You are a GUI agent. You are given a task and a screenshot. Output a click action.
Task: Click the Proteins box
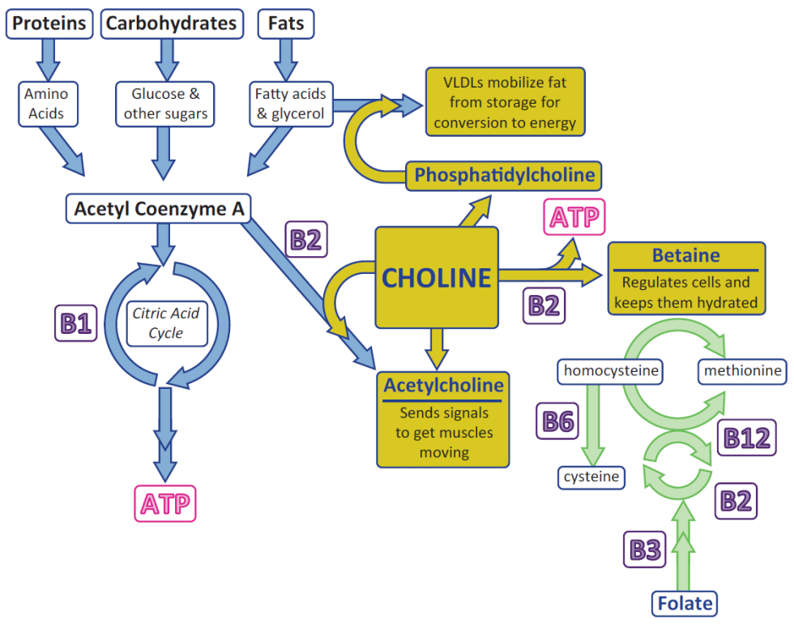[49, 24]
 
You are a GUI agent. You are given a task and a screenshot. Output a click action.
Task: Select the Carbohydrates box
[172, 24]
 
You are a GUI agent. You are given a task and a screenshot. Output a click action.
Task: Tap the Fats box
[285, 24]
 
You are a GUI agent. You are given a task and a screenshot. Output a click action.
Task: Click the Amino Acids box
[46, 104]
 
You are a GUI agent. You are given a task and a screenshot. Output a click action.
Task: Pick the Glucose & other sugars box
[165, 104]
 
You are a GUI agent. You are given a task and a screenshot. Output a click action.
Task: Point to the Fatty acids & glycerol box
[290, 104]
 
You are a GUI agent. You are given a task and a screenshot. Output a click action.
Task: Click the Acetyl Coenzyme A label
[159, 208]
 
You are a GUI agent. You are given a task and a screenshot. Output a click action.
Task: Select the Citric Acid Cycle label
[166, 323]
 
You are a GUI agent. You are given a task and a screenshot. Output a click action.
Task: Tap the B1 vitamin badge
[75, 324]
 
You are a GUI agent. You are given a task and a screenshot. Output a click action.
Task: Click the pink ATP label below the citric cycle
[165, 504]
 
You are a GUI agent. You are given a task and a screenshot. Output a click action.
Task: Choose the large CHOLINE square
[436, 278]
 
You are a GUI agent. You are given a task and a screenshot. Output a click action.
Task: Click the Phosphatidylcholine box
[504, 175]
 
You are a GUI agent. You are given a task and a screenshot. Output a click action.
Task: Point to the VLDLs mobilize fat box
[505, 102]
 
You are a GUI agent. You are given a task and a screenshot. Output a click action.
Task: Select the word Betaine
[685, 256]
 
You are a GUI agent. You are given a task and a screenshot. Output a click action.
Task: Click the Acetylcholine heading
[443, 385]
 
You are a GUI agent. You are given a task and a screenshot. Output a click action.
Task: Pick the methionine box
[742, 371]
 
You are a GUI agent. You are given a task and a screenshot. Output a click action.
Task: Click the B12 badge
[745, 438]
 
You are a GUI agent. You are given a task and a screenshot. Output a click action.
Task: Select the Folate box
[685, 603]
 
